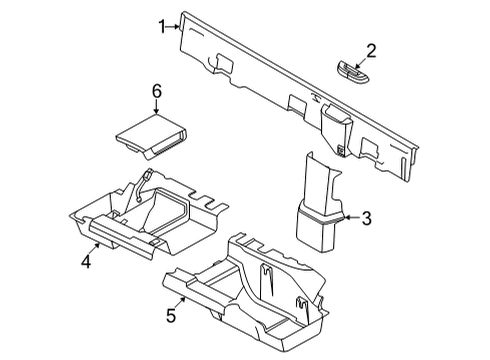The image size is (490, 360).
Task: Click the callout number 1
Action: click(x=161, y=27)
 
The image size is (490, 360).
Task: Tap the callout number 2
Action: click(x=370, y=50)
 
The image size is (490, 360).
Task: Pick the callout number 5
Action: click(x=170, y=316)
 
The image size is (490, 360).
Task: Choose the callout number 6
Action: click(x=155, y=91)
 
